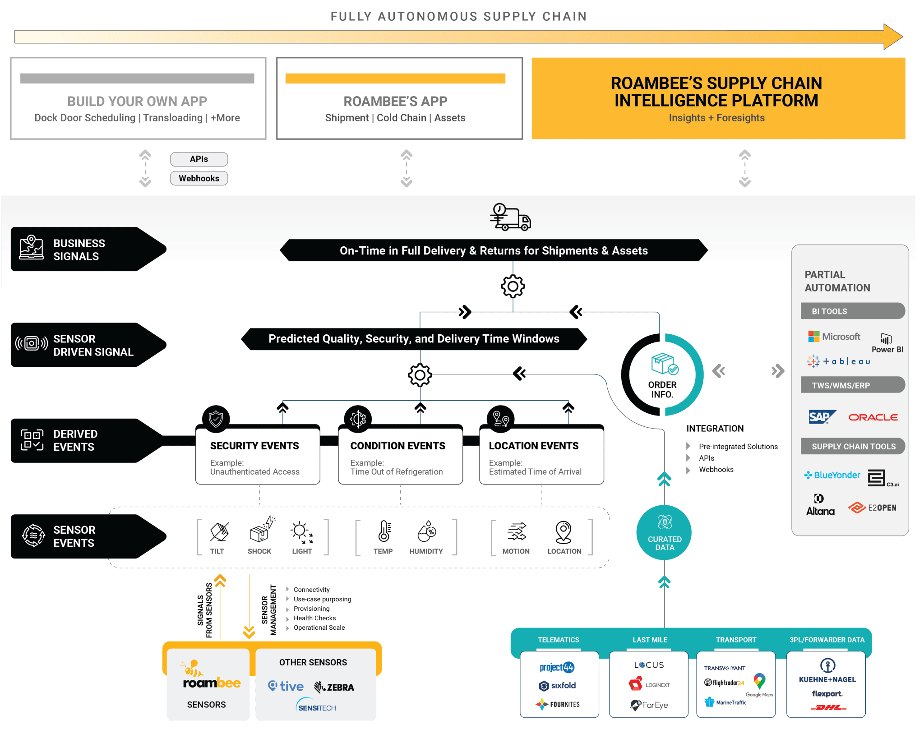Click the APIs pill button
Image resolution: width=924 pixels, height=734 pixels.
pos(199,159)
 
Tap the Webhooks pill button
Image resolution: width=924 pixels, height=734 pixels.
pos(199,178)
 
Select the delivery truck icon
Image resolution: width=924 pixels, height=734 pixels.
pos(510,217)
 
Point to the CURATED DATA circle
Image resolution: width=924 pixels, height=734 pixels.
pos(664,533)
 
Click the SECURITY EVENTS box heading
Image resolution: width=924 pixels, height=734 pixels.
pos(254,446)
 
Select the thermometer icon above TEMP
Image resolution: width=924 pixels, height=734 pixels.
pos(384,531)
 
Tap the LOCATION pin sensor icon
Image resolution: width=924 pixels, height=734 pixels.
pos(564,532)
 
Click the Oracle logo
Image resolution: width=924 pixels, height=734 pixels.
pos(873,417)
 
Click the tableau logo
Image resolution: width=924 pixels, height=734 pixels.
pos(838,361)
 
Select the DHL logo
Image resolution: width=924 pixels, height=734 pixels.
pos(828,707)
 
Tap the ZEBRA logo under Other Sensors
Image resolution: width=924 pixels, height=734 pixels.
pos(334,687)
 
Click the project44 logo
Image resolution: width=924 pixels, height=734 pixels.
pos(557,667)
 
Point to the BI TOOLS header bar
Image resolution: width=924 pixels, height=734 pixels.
pos(853,311)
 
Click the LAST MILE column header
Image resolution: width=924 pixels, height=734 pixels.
pos(650,640)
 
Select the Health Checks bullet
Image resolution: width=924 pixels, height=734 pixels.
pos(314,618)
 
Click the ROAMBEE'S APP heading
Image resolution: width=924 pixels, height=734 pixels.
pos(395,102)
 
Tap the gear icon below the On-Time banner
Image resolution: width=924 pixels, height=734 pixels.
pos(513,286)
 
